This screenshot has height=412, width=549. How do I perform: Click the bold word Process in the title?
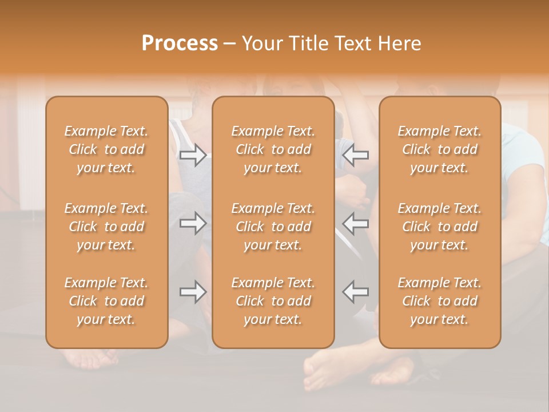point(180,43)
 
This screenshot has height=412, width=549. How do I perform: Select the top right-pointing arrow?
point(193,154)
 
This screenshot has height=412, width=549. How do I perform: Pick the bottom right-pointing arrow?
point(193,292)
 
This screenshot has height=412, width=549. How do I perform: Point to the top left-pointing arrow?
point(356,154)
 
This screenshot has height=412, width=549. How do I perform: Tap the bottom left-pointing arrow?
point(356,292)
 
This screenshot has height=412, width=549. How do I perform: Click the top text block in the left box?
point(106,149)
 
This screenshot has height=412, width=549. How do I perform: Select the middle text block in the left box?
point(106,227)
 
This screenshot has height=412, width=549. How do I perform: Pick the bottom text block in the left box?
point(106,301)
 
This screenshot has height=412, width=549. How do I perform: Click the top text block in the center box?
point(273,149)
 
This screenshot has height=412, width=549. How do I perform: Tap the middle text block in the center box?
point(273,227)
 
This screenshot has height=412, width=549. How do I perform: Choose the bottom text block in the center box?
point(273,301)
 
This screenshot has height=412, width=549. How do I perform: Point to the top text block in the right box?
point(440,149)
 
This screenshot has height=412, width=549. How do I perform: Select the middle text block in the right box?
point(440,227)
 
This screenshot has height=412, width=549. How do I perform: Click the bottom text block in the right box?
point(440,301)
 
